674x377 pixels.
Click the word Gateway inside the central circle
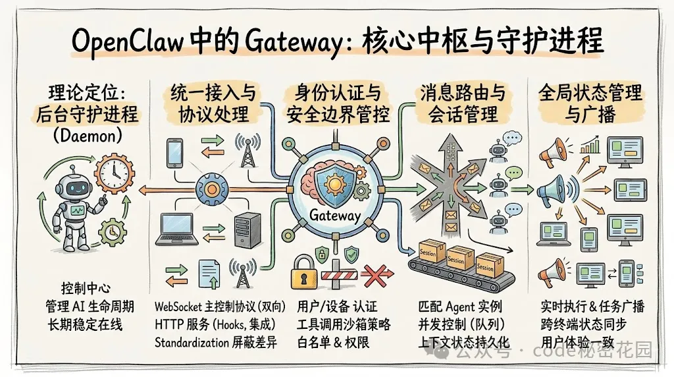[335, 216]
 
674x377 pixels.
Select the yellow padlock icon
[304, 274]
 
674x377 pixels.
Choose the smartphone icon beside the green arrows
[174, 152]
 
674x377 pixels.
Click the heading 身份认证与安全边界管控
[337, 104]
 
